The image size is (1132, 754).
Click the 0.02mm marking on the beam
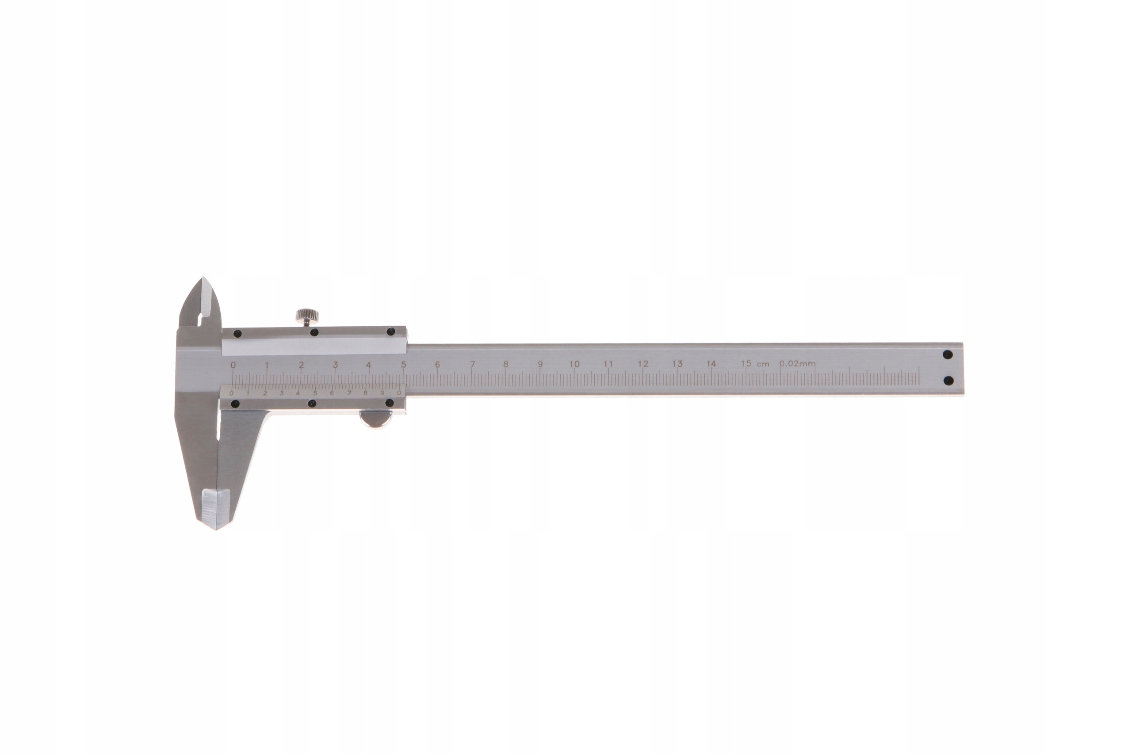point(797,364)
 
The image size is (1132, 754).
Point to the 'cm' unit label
point(763,364)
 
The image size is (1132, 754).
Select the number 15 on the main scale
point(746,364)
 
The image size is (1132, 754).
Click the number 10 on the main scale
point(574,364)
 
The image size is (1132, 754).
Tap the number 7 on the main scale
point(472,364)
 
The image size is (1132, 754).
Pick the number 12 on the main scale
point(643,364)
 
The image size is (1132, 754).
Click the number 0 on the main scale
point(233,365)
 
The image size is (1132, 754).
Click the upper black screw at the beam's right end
point(948,355)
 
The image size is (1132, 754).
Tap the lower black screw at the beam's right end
point(948,381)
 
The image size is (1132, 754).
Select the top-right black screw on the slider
point(390,331)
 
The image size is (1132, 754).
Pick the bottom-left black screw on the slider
point(235,404)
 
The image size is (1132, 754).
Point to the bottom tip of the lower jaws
point(215,529)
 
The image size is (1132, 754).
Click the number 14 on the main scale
point(711,364)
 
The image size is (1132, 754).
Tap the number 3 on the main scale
point(335,365)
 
